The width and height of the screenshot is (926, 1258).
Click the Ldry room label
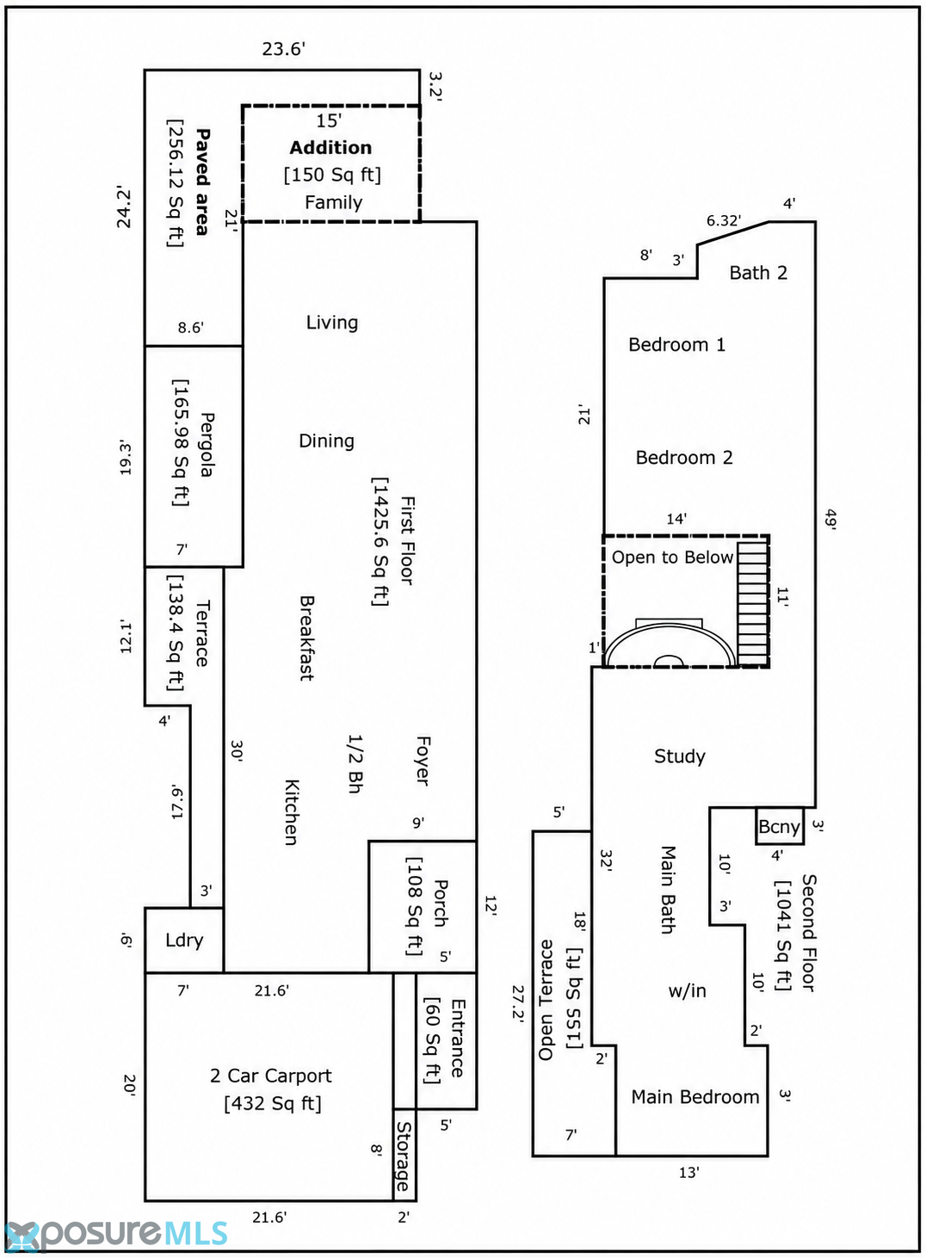click(184, 940)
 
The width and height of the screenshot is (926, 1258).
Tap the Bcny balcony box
click(780, 826)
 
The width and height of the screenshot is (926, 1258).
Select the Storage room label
click(404, 1157)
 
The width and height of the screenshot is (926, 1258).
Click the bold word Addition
click(330, 148)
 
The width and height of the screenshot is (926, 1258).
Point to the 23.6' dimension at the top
click(284, 49)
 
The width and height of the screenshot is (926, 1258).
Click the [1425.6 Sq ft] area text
click(380, 542)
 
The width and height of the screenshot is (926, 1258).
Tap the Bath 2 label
click(758, 273)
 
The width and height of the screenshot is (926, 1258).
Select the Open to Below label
click(672, 557)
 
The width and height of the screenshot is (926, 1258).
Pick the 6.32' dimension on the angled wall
click(723, 221)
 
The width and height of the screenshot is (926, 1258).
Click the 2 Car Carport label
click(271, 1076)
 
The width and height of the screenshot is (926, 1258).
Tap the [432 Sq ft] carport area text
click(273, 1104)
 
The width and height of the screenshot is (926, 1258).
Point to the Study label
click(680, 756)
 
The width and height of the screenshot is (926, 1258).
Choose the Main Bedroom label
click(695, 1097)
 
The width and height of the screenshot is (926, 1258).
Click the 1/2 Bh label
click(355, 763)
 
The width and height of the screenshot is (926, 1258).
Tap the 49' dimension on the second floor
click(830, 519)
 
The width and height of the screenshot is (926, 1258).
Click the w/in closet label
click(688, 990)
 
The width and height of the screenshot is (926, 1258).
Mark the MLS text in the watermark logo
click(196, 1234)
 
